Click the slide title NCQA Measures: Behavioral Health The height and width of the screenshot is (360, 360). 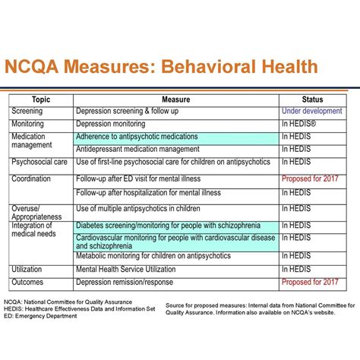point(161,67)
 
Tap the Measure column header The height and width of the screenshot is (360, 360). point(175,99)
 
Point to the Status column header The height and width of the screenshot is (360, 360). point(312,99)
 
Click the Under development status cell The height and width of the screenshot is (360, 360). point(311,111)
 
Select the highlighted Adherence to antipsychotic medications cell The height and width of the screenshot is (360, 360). point(137,137)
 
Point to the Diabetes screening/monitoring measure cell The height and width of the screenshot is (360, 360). point(168,226)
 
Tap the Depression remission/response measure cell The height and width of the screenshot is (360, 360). point(126,282)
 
